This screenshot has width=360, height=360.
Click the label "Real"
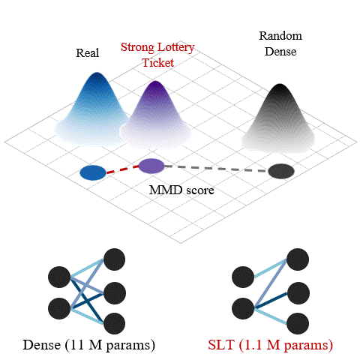pyautogui.click(x=88, y=53)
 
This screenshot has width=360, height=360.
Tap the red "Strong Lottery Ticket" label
pyautogui.click(x=157, y=55)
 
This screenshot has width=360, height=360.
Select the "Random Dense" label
pyautogui.click(x=280, y=43)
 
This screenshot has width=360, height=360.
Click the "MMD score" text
pyautogui.click(x=181, y=190)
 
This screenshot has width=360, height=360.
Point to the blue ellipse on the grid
pyautogui.click(x=93, y=172)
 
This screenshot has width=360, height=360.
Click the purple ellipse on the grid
pyautogui.click(x=151, y=166)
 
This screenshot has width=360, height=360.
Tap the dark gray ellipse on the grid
pyautogui.click(x=281, y=171)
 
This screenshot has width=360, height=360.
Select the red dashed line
pyautogui.click(x=122, y=169)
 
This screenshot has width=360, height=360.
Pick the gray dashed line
pyautogui.click(x=217, y=168)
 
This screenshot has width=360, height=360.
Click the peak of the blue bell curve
pyautogui.click(x=97, y=73)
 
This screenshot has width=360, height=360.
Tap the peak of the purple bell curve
pyautogui.click(x=155, y=82)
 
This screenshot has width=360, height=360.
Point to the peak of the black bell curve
pyautogui.click(x=280, y=85)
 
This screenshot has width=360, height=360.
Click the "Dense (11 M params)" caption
pyautogui.click(x=89, y=345)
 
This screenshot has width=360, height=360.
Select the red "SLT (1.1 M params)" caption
pyautogui.click(x=271, y=345)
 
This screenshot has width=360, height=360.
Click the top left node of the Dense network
pyautogui.click(x=59, y=277)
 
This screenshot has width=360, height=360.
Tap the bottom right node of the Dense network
pyautogui.click(x=115, y=323)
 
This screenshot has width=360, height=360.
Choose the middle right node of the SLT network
pyautogui.click(x=298, y=293)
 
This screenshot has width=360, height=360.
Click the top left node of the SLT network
pyautogui.click(x=243, y=277)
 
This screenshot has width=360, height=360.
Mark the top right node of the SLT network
pyautogui.click(x=298, y=259)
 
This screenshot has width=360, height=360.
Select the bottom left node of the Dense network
pyautogui.click(x=59, y=308)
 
